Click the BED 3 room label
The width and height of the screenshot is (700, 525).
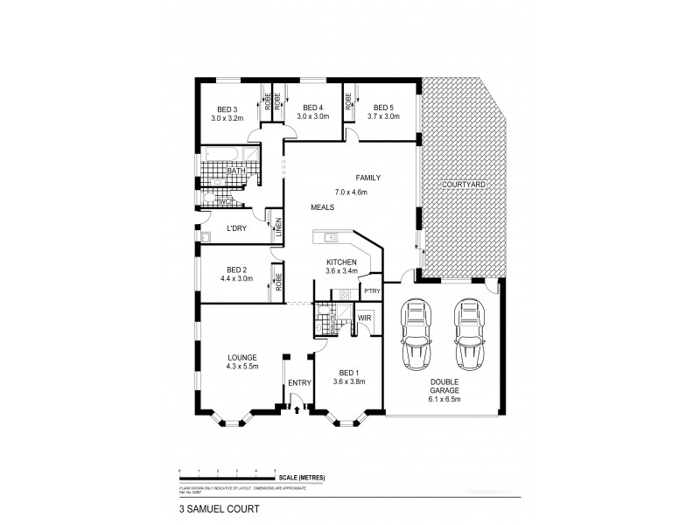click(225, 109)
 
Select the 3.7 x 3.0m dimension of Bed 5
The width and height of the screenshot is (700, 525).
click(383, 116)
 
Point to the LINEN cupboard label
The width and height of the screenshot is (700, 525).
click(278, 227)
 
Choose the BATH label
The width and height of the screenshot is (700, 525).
click(235, 171)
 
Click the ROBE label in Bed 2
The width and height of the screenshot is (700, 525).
click(278, 282)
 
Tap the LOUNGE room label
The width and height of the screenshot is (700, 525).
click(241, 357)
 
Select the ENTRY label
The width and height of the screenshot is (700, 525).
click(298, 383)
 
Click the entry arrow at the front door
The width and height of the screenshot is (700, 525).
click(298, 407)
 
